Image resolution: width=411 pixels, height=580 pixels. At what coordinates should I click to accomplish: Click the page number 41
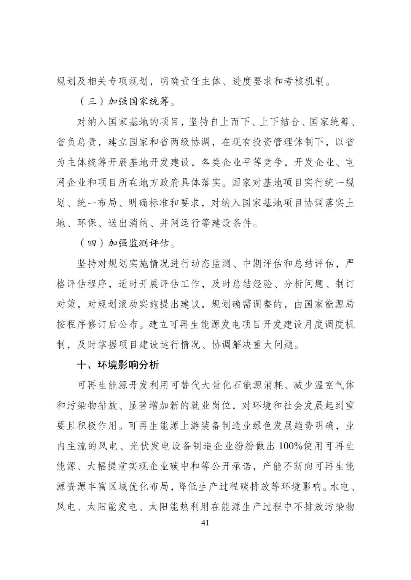point(205,523)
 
